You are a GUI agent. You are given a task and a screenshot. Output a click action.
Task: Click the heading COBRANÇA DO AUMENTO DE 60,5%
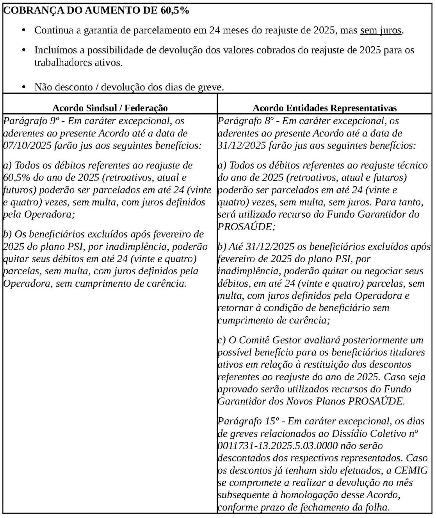[x=96, y=11]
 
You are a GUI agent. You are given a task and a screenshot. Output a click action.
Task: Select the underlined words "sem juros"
[x=381, y=30]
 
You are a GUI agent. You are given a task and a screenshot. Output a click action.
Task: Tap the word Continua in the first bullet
[x=54, y=30]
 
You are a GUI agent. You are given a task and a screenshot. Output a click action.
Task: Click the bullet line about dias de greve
[x=129, y=87]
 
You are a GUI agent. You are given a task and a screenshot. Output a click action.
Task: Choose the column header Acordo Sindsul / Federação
[x=110, y=108]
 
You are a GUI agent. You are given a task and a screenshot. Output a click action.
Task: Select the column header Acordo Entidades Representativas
[x=325, y=108]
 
